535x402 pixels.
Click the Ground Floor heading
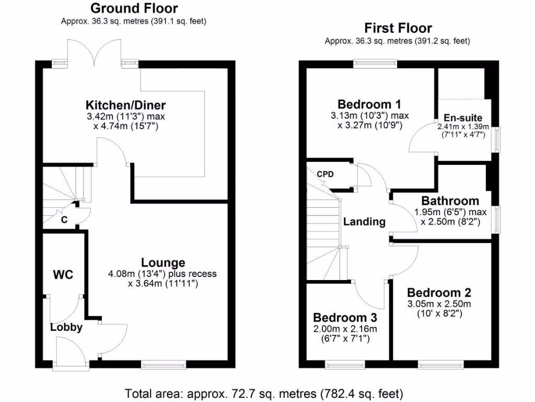tap(134, 8)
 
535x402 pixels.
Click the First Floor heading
tap(398, 28)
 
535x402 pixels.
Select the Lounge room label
tap(163, 263)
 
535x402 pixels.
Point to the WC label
tap(63, 274)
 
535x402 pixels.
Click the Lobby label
tap(66, 328)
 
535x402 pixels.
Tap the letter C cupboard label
tap(64, 220)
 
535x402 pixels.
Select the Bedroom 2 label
tap(439, 293)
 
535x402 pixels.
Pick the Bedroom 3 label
tap(345, 317)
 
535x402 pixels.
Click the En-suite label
tap(463, 118)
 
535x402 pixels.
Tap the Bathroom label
tap(450, 201)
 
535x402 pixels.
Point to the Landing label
tap(364, 221)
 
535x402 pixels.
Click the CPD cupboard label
tap(324, 174)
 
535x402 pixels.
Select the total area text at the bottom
tap(264, 393)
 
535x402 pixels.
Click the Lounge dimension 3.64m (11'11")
tap(162, 284)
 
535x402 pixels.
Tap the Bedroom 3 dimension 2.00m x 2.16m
tap(345, 329)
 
